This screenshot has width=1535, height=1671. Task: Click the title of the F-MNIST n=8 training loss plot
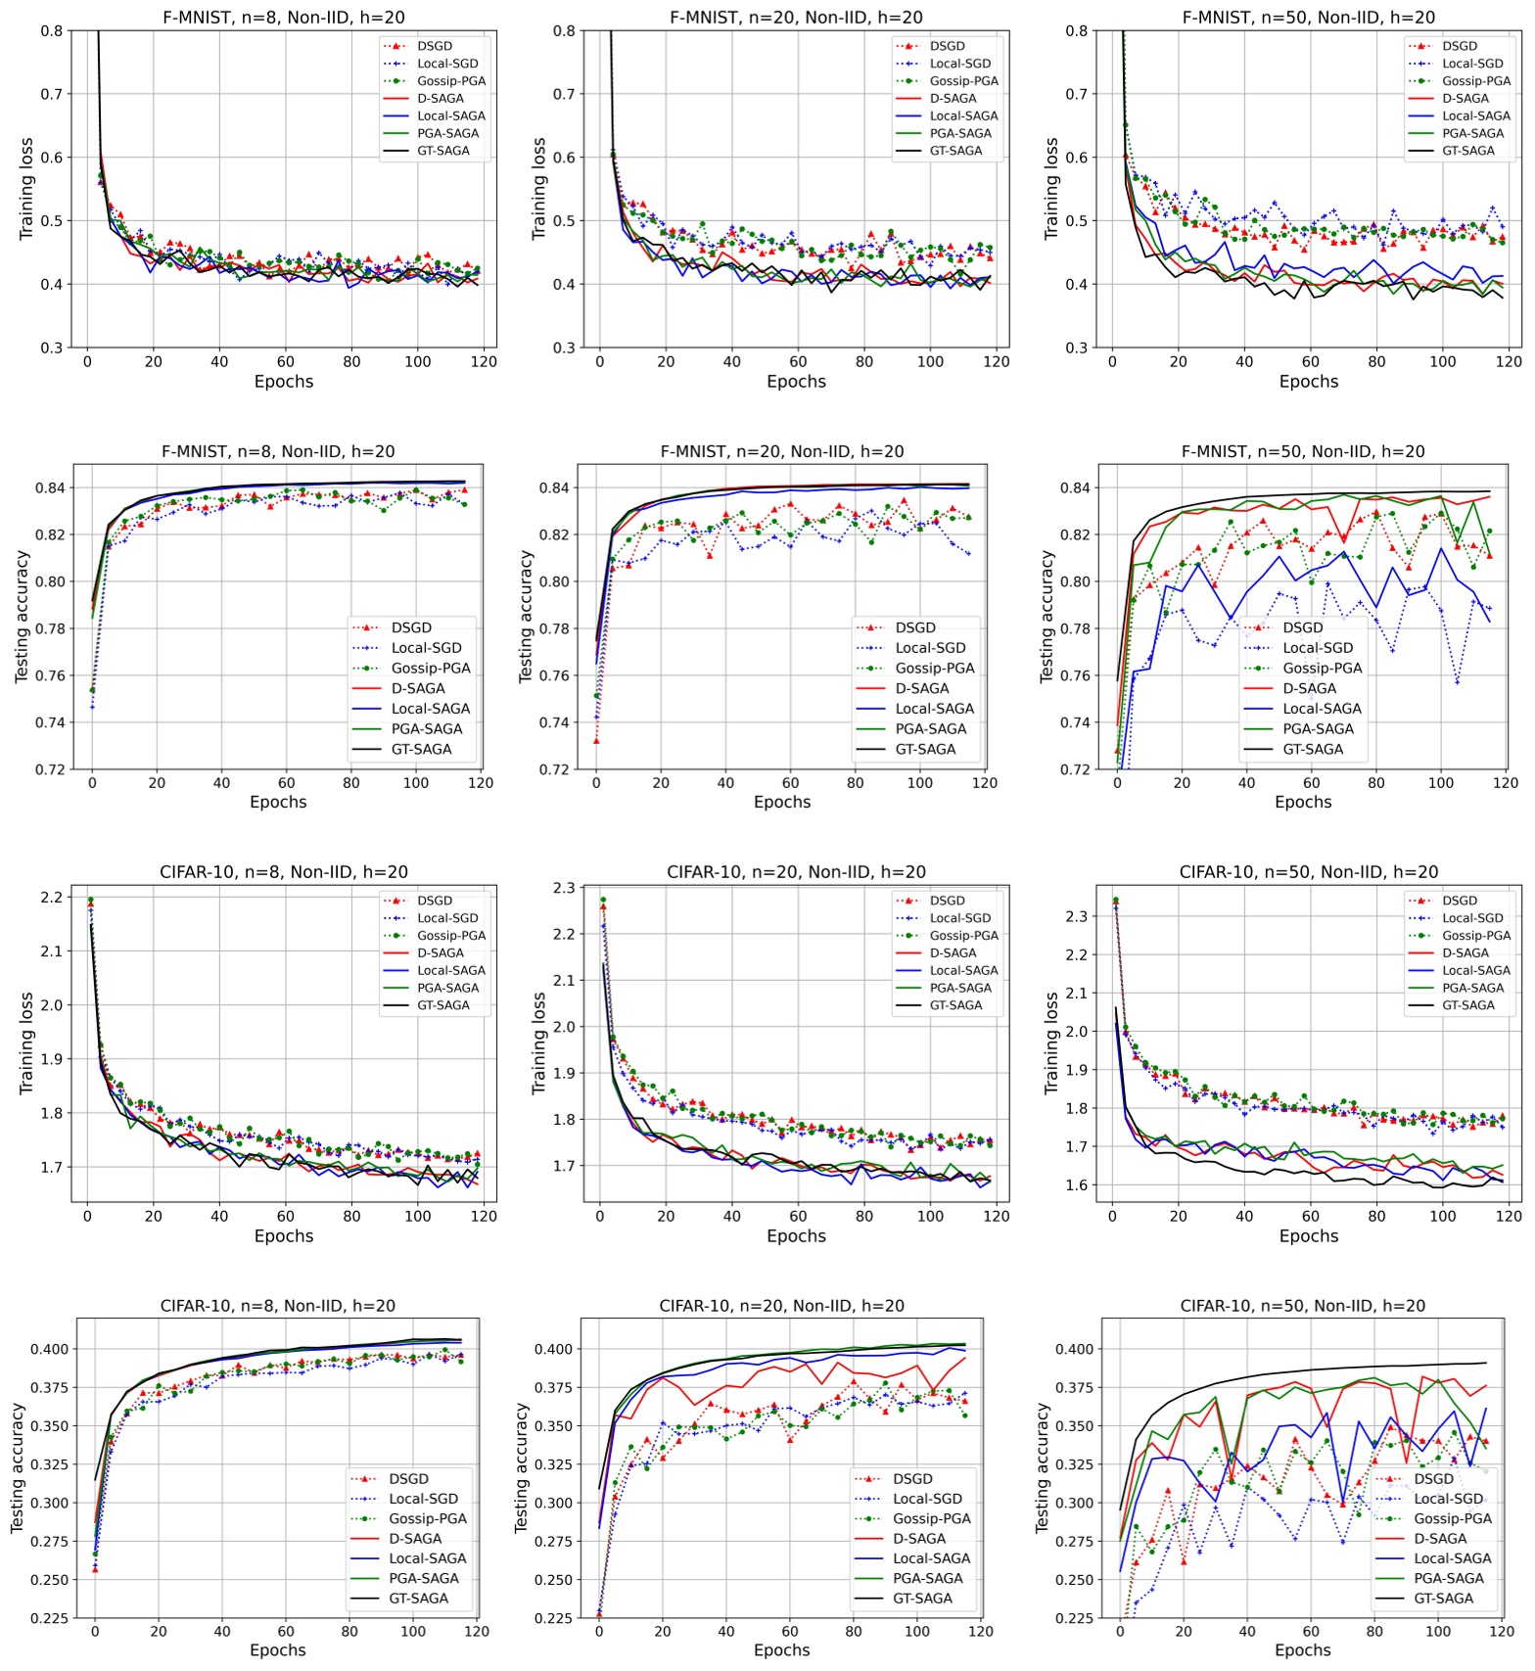coord(283,18)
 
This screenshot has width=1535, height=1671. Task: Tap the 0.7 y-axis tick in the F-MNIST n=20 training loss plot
coord(563,94)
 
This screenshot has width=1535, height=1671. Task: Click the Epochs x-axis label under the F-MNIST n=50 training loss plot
coord(1308,382)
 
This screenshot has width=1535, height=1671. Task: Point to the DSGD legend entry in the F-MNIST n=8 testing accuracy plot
coord(411,627)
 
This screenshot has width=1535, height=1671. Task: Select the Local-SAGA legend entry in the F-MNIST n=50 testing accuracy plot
coord(1322,709)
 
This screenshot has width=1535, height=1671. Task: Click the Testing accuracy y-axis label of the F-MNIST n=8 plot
coord(22,617)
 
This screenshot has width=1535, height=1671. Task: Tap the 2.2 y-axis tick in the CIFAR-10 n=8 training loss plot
coord(51,897)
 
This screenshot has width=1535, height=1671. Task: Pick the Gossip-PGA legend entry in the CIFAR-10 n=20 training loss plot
coord(963,936)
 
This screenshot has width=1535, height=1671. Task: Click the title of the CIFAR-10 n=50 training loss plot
coord(1308,872)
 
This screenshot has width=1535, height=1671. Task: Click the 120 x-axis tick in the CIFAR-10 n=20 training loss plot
coord(996,1216)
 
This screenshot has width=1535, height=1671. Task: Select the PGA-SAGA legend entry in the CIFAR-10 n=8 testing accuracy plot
coord(423,1578)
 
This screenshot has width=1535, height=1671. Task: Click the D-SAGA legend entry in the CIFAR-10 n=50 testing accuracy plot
coord(1440,1539)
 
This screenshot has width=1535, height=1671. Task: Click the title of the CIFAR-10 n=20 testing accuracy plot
coord(781,1306)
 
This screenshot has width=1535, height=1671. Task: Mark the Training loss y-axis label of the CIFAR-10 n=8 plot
coord(26,1044)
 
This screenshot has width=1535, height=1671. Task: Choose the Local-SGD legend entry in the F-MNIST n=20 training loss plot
coord(959,64)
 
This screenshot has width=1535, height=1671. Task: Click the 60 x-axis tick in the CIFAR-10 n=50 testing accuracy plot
coord(1310,1632)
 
